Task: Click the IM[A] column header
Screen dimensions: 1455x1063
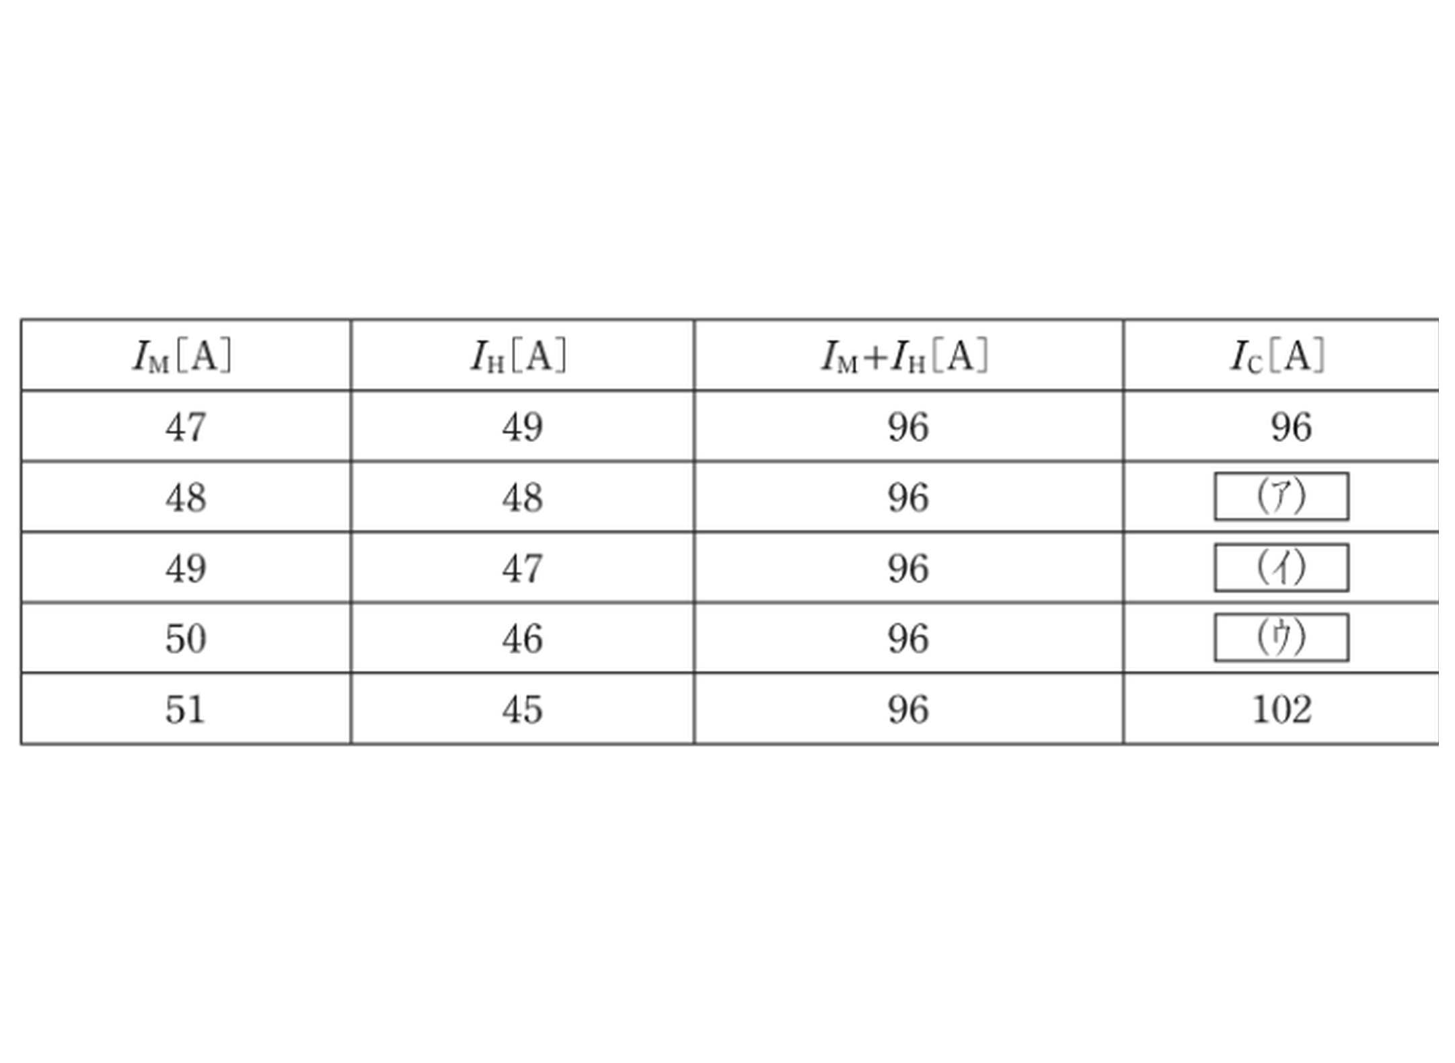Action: (182, 356)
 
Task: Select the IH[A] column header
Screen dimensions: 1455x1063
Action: (519, 356)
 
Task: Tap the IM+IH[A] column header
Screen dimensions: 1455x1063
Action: (905, 356)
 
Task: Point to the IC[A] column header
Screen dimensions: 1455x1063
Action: (1277, 356)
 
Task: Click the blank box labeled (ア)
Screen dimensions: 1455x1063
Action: (1281, 497)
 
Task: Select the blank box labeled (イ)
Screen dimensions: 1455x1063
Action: (1281, 568)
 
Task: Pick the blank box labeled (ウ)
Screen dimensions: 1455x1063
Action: (1281, 638)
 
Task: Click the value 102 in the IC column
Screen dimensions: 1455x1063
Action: (1282, 710)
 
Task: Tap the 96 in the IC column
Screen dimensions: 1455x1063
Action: (1291, 427)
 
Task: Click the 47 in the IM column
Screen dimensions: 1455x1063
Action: (186, 427)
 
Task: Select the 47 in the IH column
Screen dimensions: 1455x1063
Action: (522, 569)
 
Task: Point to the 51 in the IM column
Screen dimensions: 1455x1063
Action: (185, 710)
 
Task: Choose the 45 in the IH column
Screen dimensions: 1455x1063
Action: (522, 710)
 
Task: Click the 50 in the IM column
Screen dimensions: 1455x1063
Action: (186, 639)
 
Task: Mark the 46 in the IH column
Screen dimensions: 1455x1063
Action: (522, 639)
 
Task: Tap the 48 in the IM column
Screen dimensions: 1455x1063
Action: (186, 499)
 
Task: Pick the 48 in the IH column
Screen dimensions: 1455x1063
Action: (522, 499)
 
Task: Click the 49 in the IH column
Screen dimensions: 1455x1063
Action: (522, 427)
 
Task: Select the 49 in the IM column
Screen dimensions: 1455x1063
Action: (186, 569)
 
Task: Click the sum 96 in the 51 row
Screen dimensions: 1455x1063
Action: (908, 710)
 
